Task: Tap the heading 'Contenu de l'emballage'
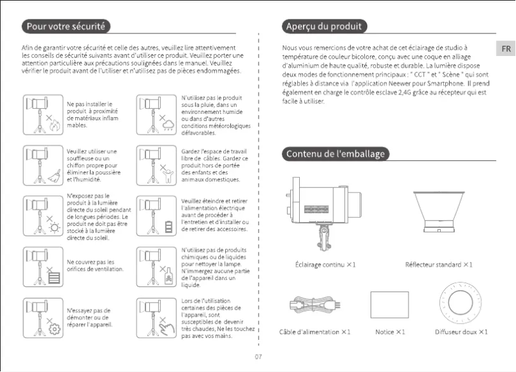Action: point(335,154)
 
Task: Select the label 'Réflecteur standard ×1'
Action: point(439,265)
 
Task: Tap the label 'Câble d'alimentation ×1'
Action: point(315,331)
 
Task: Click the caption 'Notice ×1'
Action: point(391,331)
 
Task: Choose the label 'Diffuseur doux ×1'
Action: point(461,331)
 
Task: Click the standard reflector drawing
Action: point(439,209)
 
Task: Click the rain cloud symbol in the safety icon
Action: point(169,125)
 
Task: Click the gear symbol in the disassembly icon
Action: point(55,330)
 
